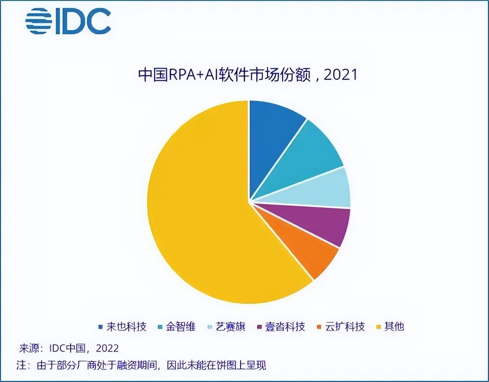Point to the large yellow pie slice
[203, 210]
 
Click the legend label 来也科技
[126, 327]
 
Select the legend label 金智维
[180, 327]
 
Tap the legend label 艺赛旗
[230, 327]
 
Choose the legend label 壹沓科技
[285, 327]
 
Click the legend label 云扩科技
[345, 327]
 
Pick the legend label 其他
[394, 327]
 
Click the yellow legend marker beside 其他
[379, 327]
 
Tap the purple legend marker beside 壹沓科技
[259, 327]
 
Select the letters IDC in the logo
[83, 21]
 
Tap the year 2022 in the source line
[107, 348]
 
